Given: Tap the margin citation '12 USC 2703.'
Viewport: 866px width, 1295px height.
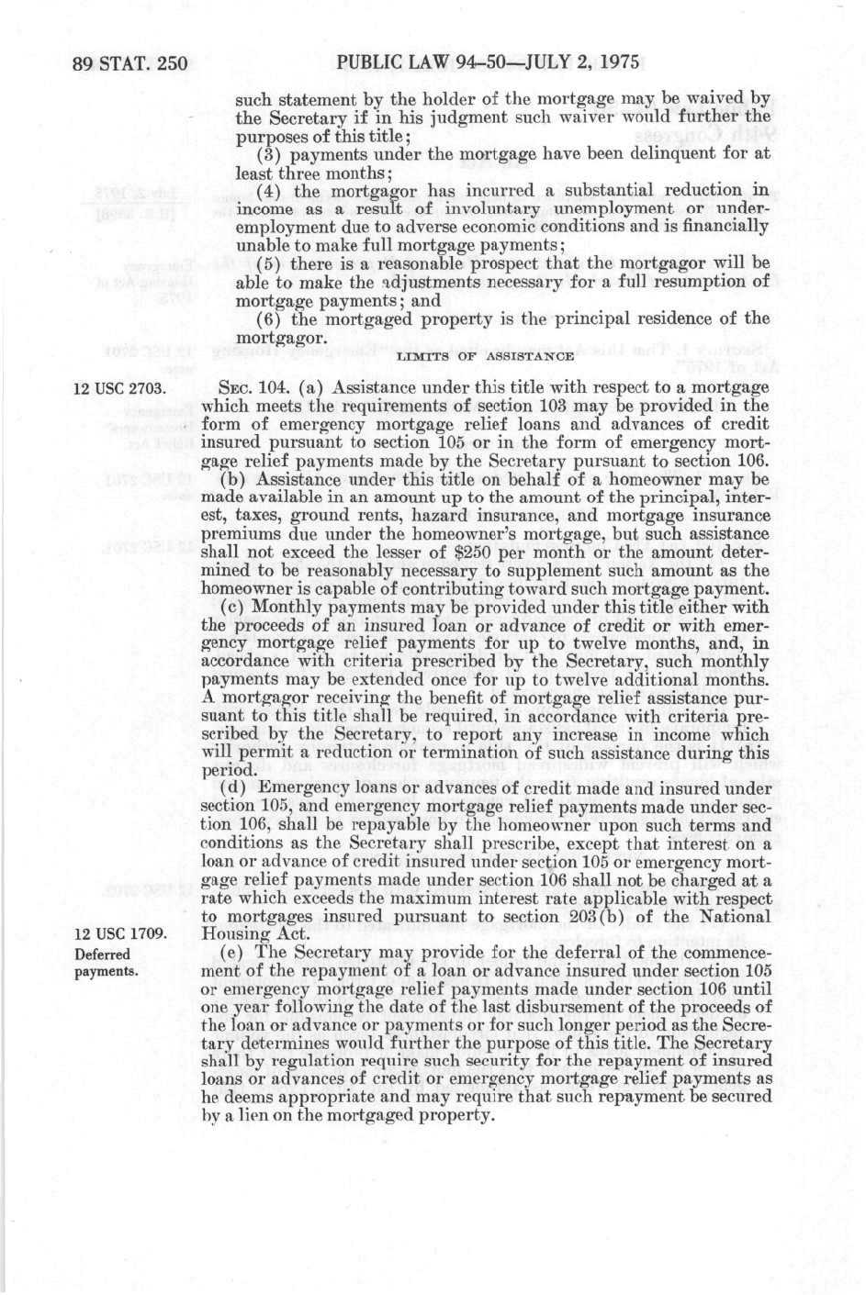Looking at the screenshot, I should pyautogui.click(x=118, y=387).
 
